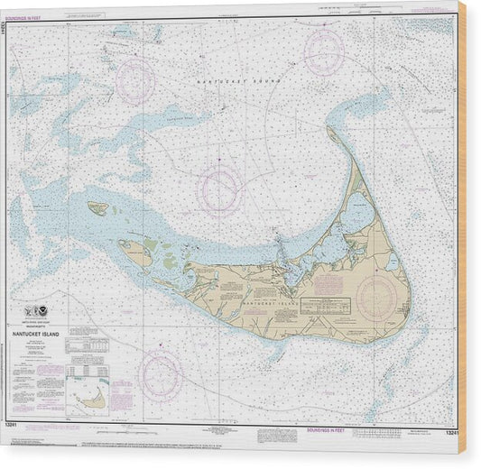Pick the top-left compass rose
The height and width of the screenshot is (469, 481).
coord(135,78)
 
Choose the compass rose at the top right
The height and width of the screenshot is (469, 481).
coord(324,50)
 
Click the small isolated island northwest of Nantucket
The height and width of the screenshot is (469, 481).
coord(97,207)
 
